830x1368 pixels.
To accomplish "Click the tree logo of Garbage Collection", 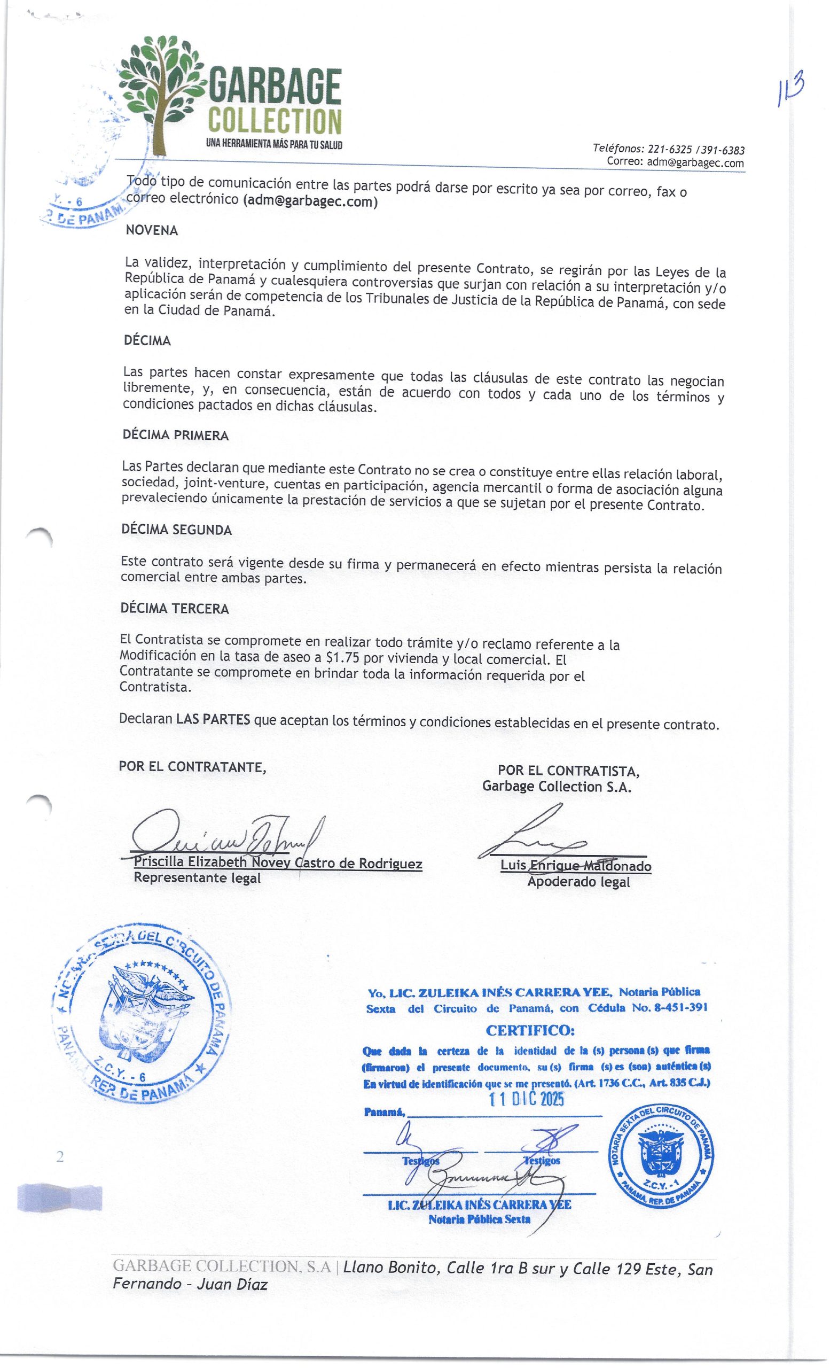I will pyautogui.click(x=161, y=91).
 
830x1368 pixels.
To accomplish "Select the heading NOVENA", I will pyautogui.click(x=152, y=230).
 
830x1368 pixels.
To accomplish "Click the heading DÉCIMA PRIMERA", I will pyautogui.click(x=175, y=436).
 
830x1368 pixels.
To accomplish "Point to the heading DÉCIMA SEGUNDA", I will pyautogui.click(x=176, y=530).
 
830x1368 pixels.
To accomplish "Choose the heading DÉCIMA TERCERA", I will pyautogui.click(x=175, y=609).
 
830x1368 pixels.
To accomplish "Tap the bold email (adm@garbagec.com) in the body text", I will pyautogui.click(x=311, y=201).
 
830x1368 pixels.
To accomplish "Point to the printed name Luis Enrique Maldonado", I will pyautogui.click(x=575, y=866).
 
